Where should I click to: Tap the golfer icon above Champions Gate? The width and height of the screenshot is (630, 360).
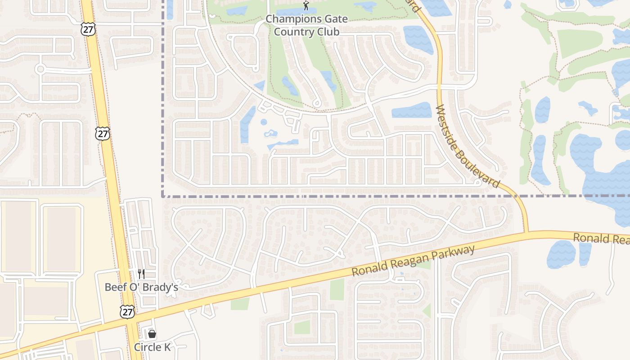coord(306,6)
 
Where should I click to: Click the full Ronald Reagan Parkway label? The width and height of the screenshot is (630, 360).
coord(413,261)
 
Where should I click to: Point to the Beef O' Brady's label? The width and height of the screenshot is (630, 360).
coord(141,287)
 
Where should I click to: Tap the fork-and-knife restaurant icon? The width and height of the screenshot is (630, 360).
coord(141,274)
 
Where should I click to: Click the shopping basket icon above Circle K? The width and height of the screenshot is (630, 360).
coord(152,334)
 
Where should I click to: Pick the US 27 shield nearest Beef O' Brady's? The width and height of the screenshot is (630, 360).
coord(127,312)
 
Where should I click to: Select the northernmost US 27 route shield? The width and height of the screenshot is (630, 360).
coord(88,29)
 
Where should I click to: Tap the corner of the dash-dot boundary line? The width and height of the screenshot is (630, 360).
coord(162,196)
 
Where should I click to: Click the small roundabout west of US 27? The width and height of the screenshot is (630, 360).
coord(40,69)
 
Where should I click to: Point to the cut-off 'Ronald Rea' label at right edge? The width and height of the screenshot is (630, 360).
coord(601,238)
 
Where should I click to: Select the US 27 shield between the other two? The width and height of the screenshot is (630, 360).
coord(103,133)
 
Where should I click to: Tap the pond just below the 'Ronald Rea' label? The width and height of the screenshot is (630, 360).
coord(561,254)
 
